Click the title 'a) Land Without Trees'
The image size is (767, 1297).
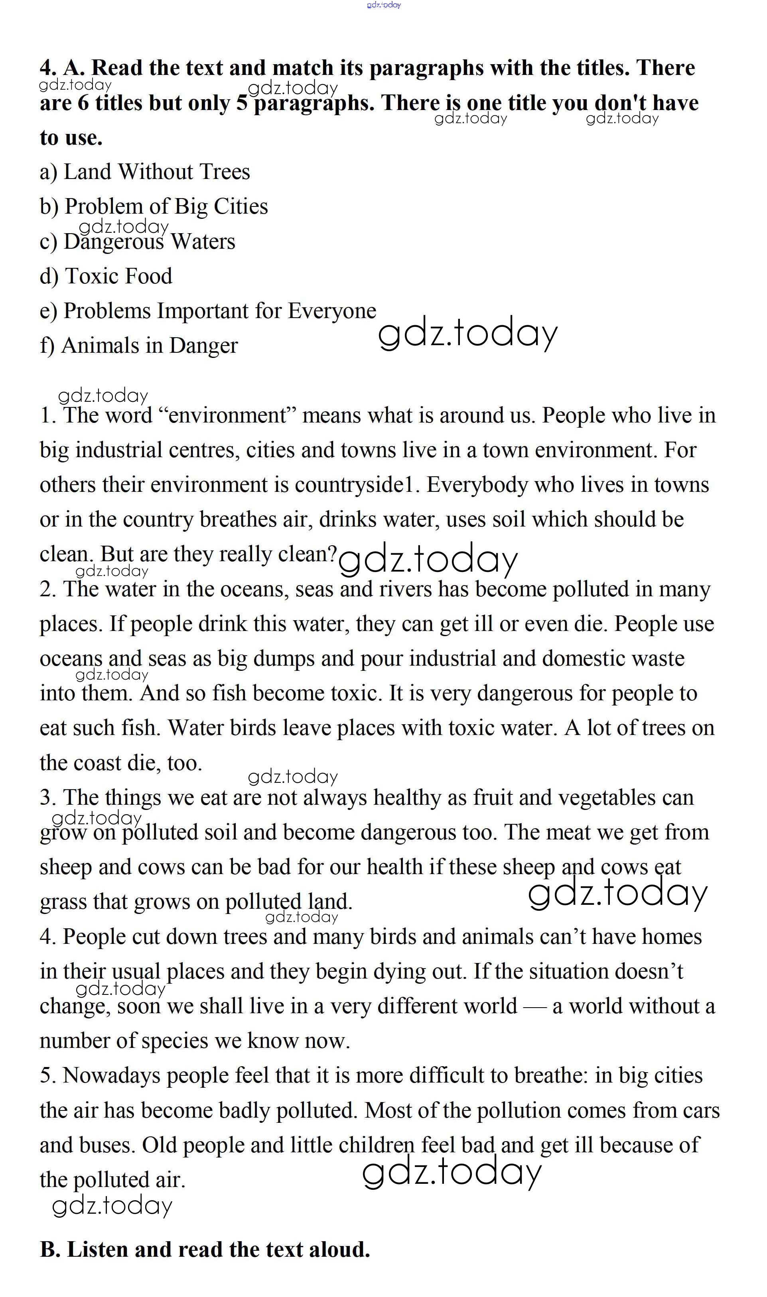coord(145,172)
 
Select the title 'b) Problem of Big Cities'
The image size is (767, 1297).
coord(154,206)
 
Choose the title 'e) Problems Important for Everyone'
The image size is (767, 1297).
coord(208,311)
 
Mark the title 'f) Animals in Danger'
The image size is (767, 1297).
coord(138,346)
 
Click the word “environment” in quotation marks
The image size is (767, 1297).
coord(227,415)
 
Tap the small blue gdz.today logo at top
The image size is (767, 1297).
coord(384,5)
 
